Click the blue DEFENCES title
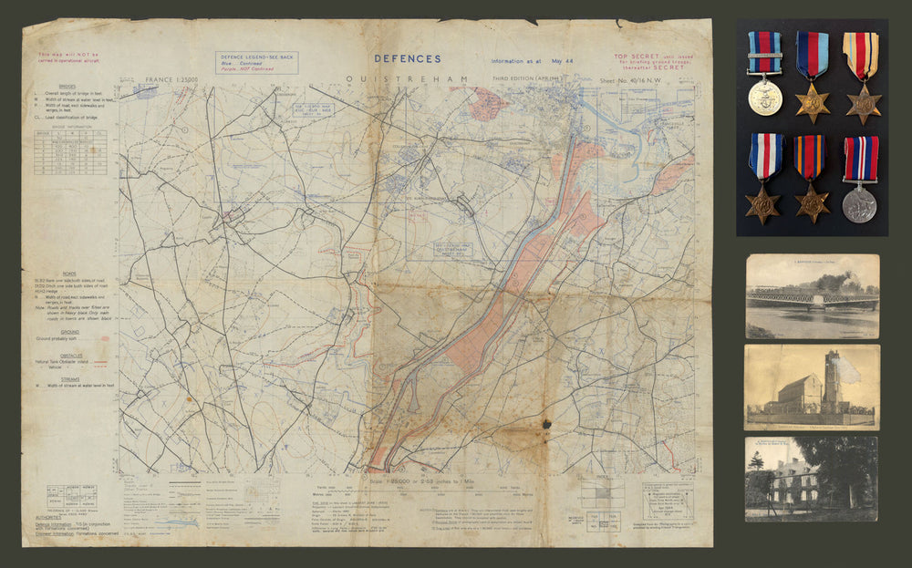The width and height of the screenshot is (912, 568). point(407,58)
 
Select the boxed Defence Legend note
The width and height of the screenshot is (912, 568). point(256,62)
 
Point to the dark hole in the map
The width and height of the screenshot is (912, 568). point(546,424)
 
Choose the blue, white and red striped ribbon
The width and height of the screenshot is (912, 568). point(764,155)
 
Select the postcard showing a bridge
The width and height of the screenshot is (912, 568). point(812,295)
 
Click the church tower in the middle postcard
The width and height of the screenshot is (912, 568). point(832,382)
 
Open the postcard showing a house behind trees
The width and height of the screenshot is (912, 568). point(811,479)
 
